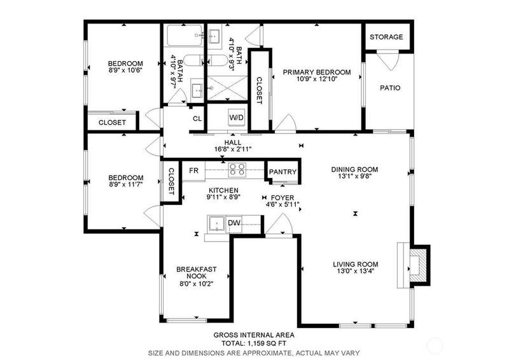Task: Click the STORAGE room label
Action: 386,37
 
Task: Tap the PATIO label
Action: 390,88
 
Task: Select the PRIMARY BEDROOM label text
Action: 317,72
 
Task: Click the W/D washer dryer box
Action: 236,117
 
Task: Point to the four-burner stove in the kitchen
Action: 237,170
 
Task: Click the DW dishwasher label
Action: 234,223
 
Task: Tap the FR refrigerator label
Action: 194,170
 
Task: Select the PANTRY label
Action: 282,172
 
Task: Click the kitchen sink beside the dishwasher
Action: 216,224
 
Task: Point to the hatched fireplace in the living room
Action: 419,265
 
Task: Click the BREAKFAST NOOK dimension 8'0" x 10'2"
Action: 197,284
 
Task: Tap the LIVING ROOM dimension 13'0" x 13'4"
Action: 356,271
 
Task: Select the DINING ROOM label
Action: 354,169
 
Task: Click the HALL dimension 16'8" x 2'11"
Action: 233,149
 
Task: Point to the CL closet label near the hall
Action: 197,118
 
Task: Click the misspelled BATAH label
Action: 180,68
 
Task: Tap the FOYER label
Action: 282,198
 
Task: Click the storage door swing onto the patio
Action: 388,60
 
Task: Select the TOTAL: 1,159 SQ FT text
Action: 254,343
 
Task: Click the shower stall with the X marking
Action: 227,88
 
